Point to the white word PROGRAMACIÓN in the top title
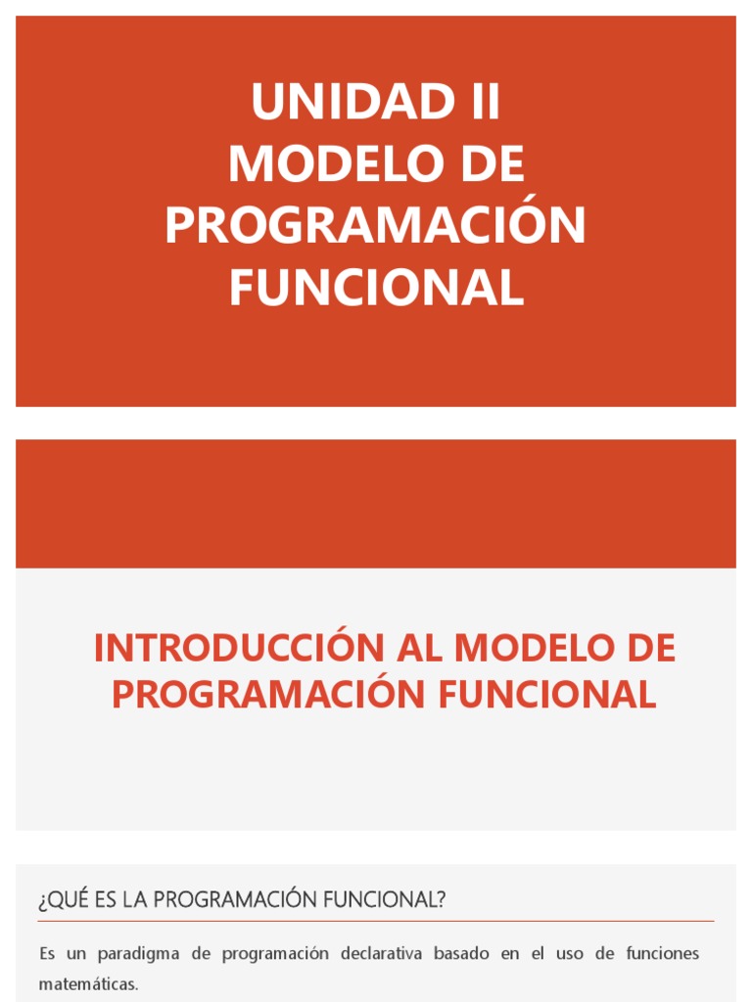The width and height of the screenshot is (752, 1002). pos(375,225)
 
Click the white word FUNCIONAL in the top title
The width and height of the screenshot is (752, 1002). pos(376,287)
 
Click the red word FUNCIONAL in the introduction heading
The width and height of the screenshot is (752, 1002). pos(546,694)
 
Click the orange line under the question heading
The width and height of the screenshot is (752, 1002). pos(376,921)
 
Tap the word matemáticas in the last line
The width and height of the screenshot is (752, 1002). pos(88,984)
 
